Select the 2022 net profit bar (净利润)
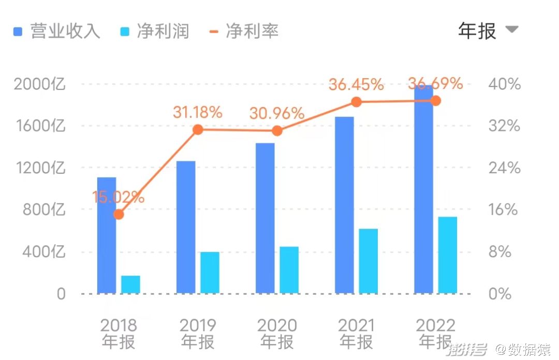[448, 255]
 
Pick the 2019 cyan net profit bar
[210, 273]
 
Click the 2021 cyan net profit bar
[369, 261]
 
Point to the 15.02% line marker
[119, 214]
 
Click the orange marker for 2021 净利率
[356, 102]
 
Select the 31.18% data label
[197, 112]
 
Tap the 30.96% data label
[276, 113]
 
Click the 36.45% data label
[356, 84]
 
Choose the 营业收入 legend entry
[57, 32]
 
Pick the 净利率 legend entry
[245, 32]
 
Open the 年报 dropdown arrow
[511, 29]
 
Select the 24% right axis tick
[504, 168]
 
